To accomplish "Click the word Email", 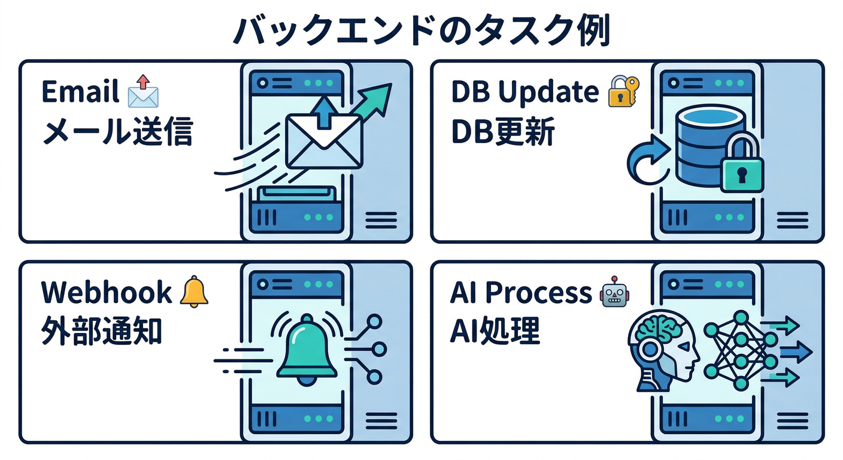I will coord(80,93).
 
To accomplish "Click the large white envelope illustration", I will coord(323,141).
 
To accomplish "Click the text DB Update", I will coord(524,92).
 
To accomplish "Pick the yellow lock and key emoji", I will coord(623,92).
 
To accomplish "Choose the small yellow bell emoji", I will coord(194,292).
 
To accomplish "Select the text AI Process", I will coord(520,293).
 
